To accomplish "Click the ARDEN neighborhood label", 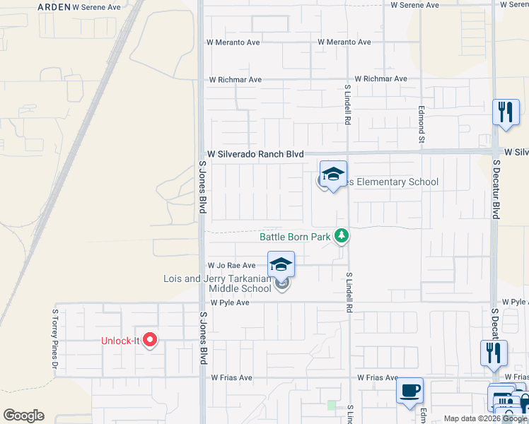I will pyautogui.click(x=53, y=6).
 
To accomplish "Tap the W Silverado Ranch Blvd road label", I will pyautogui.click(x=255, y=154).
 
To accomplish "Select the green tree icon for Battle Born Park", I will pyautogui.click(x=342, y=235).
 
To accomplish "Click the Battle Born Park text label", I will pyautogui.click(x=295, y=237).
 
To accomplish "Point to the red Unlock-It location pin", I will pyautogui.click(x=149, y=341).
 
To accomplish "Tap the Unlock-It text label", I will pyautogui.click(x=117, y=341).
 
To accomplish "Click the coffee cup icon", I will pyautogui.click(x=410, y=390).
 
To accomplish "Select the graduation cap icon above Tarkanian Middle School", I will pyautogui.click(x=281, y=265).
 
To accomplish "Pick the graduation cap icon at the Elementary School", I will pyautogui.click(x=333, y=174).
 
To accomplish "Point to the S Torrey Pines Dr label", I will pyautogui.click(x=54, y=338).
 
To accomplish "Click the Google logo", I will pyautogui.click(x=23, y=416).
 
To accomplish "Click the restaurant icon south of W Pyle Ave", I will pyautogui.click(x=493, y=353).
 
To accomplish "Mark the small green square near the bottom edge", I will pyautogui.click(x=332, y=406).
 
